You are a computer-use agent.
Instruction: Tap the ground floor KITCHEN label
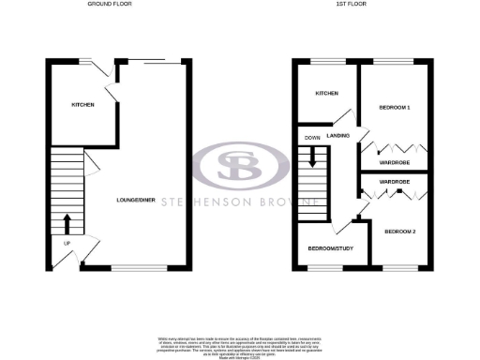82,104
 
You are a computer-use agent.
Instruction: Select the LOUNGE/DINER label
135,201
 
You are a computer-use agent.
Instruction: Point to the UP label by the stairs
66,244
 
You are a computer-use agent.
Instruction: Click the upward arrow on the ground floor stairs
67,224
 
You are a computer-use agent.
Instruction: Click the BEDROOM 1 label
395,108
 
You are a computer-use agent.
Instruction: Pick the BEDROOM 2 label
399,229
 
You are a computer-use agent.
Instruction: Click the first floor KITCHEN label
326,94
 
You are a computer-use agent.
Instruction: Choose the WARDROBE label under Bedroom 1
395,162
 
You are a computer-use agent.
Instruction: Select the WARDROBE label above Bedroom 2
395,180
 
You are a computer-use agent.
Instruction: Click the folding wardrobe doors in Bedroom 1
395,148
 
